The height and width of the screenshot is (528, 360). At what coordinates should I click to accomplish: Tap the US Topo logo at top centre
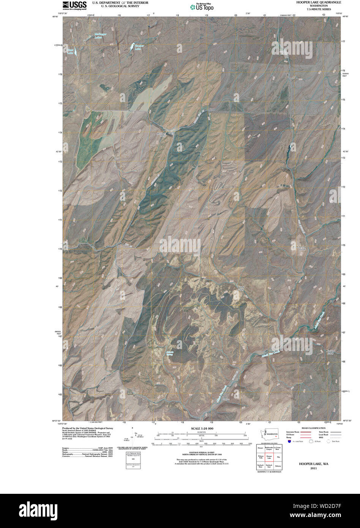202,7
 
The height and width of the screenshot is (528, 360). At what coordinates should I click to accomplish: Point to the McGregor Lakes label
101,36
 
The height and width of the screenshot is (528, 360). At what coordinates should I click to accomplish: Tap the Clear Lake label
70,51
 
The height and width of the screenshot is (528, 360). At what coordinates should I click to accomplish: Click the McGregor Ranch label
163,135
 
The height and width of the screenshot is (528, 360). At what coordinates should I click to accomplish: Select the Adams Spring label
170,353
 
